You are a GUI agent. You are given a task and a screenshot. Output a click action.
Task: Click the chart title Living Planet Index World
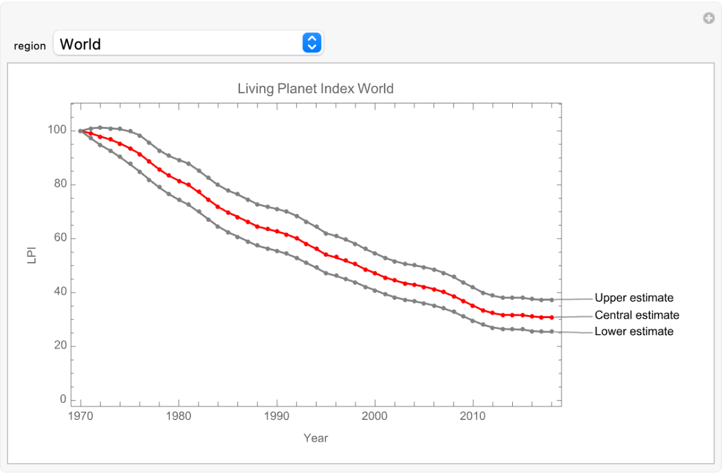315,88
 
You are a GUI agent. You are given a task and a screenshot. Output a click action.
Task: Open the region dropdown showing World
181,44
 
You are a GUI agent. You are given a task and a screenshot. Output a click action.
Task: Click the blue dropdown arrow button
312,43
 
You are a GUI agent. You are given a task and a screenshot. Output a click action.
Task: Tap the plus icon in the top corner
709,19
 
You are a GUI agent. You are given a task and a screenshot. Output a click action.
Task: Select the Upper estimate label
634,298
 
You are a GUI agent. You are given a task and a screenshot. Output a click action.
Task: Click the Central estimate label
636,315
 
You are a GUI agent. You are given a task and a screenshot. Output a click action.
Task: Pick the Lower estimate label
634,332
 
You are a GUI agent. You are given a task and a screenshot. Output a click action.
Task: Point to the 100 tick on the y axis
57,131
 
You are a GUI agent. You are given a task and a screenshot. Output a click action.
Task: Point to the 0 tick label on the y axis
62,399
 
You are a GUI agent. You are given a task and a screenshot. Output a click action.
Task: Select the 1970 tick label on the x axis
81,416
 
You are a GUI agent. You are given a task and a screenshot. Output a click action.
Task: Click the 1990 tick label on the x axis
277,416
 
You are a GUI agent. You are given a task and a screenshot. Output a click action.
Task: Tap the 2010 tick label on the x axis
473,416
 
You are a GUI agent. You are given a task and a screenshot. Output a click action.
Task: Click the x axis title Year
315,438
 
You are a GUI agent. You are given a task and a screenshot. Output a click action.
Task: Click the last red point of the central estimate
551,317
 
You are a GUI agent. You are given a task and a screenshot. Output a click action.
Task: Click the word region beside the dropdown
30,46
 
